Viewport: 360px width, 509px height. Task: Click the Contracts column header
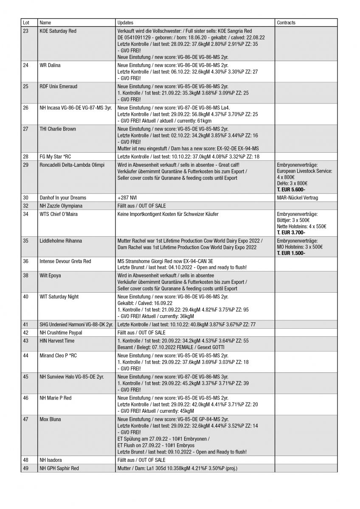click(286, 22)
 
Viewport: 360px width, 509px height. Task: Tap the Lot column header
click(26, 22)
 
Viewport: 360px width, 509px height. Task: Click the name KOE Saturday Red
click(58, 31)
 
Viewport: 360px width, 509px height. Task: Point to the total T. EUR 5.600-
click(291, 190)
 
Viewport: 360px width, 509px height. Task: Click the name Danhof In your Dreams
click(62, 198)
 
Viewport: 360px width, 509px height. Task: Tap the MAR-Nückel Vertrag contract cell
click(297, 198)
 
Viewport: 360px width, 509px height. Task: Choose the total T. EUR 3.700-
click(291, 232)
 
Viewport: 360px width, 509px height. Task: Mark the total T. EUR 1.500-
click(291, 253)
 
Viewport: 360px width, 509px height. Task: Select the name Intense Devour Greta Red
click(65, 261)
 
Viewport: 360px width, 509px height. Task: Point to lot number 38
click(26, 276)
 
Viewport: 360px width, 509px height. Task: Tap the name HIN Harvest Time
click(57, 341)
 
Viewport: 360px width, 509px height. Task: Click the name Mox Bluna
click(50, 420)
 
